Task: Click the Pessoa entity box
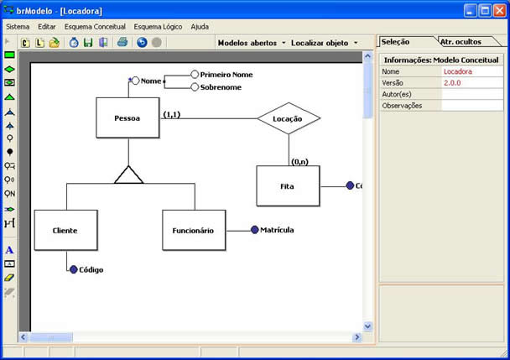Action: pos(127,117)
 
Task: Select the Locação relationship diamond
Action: pos(289,118)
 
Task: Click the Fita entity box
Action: pos(288,185)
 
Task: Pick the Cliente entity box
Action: pos(65,230)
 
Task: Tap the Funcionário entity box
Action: pos(193,230)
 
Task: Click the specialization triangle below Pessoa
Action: pos(129,175)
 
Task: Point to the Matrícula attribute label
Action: pos(277,229)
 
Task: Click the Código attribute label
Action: pos(91,269)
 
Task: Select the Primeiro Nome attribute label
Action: pos(226,75)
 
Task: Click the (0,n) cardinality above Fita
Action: pos(300,161)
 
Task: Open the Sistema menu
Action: pos(18,26)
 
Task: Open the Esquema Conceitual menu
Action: pos(95,26)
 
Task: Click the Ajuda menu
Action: pos(200,26)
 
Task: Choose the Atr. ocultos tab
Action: pos(461,41)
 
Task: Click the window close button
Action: pos(498,10)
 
